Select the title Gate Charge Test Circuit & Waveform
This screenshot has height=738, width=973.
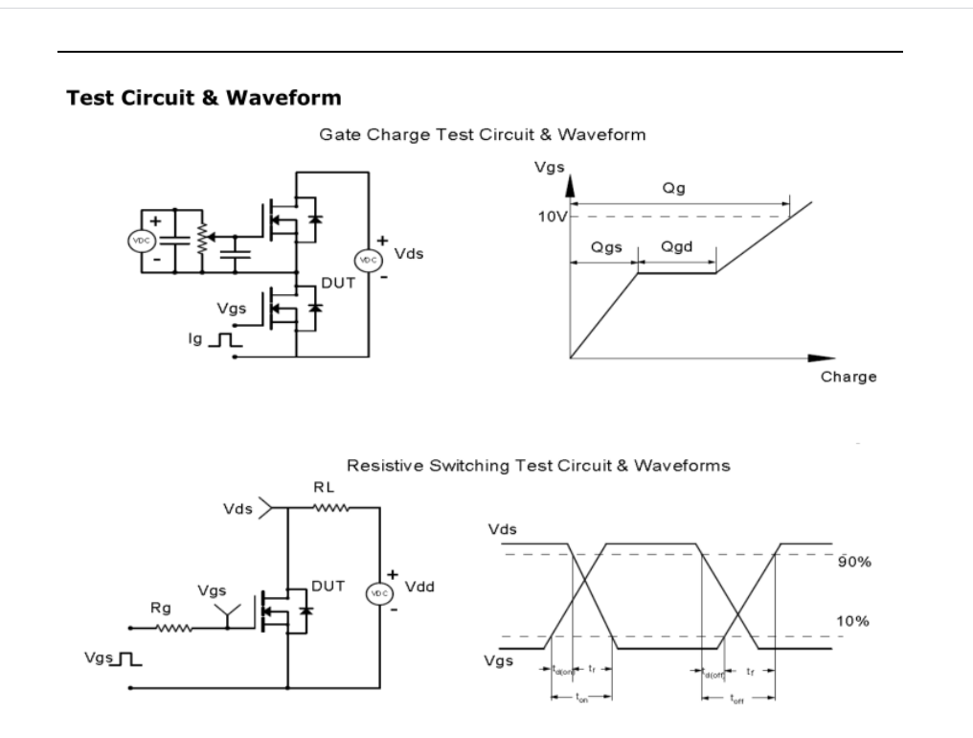(482, 135)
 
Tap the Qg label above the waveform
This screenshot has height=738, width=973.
(672, 190)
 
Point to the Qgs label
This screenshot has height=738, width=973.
(605, 247)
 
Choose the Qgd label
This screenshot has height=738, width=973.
(676, 247)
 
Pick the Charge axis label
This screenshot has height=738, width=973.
(849, 377)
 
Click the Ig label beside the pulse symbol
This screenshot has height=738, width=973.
(194, 338)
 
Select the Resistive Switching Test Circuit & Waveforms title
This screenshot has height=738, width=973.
(538, 466)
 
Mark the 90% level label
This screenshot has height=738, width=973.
(853, 562)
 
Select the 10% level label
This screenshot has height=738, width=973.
(852, 622)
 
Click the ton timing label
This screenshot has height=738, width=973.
(582, 699)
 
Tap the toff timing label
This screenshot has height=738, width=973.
(736, 700)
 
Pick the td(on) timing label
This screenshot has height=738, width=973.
(561, 670)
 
